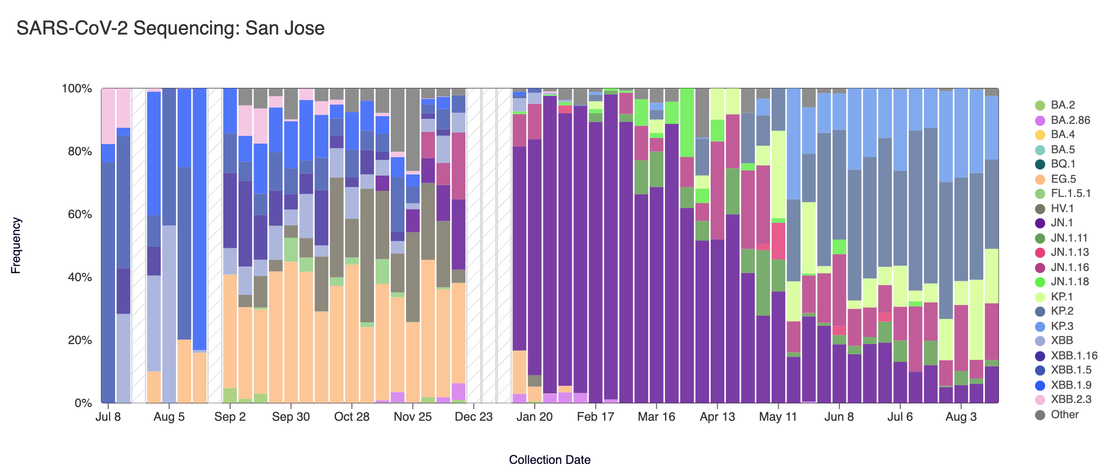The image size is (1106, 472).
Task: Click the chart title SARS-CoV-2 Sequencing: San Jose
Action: coord(170,28)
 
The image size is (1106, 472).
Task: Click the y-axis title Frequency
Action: coord(16,246)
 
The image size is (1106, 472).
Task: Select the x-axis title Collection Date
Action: coord(549,460)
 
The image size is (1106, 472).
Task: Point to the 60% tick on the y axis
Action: coord(77,214)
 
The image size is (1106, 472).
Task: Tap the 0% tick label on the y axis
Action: coord(83,403)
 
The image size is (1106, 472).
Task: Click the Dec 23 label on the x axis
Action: coord(473,417)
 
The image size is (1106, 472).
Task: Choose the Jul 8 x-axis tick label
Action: coord(108,417)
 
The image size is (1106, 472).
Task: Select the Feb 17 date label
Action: coord(595,417)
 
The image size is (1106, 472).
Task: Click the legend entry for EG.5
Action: coord(1063,179)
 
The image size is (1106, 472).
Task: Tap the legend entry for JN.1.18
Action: coord(1070,282)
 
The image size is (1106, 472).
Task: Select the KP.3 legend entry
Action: coord(1062,326)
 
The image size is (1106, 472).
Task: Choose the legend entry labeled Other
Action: coord(1064,415)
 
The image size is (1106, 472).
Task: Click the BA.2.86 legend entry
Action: coord(1070,120)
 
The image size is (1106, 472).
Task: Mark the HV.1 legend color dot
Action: coord(1040,209)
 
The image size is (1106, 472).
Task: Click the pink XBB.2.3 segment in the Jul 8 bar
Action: coord(108,116)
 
